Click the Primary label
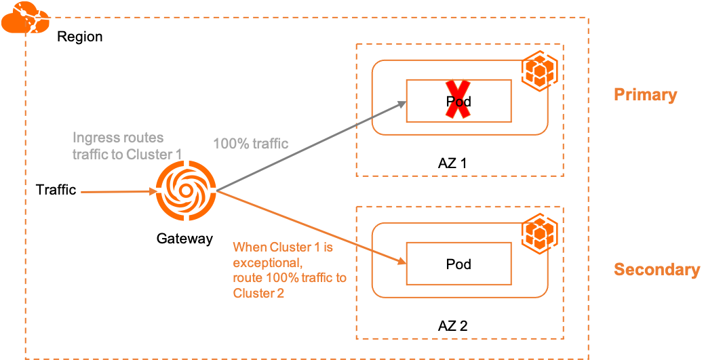(645, 94)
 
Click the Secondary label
(657, 269)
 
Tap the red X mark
(458, 100)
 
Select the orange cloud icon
(24, 18)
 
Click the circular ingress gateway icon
(185, 192)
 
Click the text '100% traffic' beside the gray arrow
(250, 144)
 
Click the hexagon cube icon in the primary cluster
(539, 71)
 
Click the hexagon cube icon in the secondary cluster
(539, 233)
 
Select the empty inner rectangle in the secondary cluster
(458, 263)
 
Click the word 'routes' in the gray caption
(143, 138)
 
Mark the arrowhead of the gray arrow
(402, 104)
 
